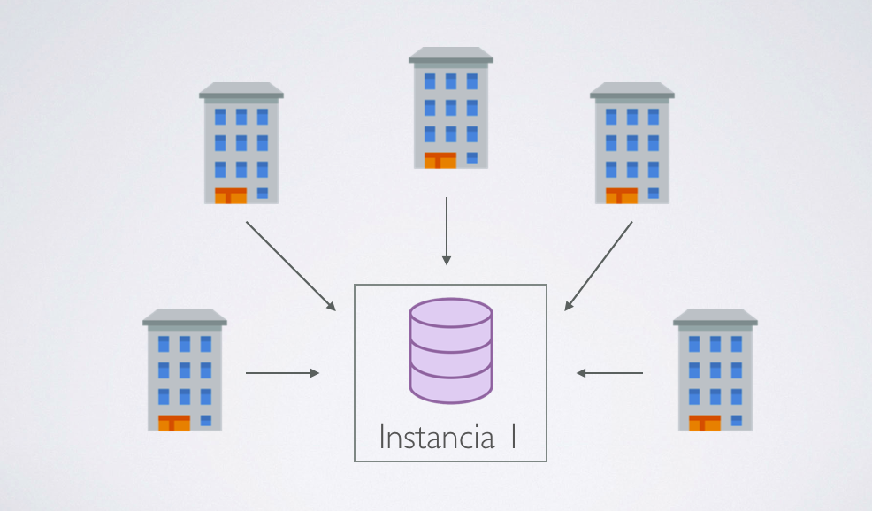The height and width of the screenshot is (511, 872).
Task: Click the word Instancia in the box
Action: pyautogui.click(x=436, y=438)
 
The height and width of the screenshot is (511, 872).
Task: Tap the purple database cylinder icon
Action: pyautogui.click(x=450, y=350)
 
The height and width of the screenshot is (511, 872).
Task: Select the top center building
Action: pyautogui.click(x=450, y=108)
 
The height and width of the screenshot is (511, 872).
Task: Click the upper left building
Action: pyautogui.click(x=241, y=143)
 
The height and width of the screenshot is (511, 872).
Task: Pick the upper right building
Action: pyautogui.click(x=631, y=143)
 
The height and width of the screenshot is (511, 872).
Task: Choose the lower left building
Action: pyautogui.click(x=184, y=370)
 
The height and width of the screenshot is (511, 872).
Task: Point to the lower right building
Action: pyautogui.click(x=715, y=370)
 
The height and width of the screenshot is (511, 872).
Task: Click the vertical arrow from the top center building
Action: pyautogui.click(x=447, y=230)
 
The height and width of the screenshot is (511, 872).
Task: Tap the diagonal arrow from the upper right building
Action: pyautogui.click(x=599, y=265)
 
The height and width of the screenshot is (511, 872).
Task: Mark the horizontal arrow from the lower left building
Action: pyautogui.click(x=282, y=373)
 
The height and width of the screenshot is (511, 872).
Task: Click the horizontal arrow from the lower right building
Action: pyautogui.click(x=610, y=373)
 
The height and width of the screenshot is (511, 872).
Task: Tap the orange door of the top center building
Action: pyautogui.click(x=440, y=160)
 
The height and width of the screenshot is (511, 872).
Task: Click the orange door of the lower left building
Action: pyautogui.click(x=174, y=423)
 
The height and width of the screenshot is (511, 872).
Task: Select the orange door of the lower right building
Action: pyautogui.click(x=705, y=423)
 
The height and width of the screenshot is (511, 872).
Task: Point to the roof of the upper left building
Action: pyautogui.click(x=241, y=90)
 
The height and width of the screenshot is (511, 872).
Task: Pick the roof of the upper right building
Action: pyautogui.click(x=631, y=90)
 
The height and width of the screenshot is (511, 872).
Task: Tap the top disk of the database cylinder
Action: pyautogui.click(x=450, y=314)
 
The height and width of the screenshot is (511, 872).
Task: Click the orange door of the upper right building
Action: pyautogui.click(x=621, y=195)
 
